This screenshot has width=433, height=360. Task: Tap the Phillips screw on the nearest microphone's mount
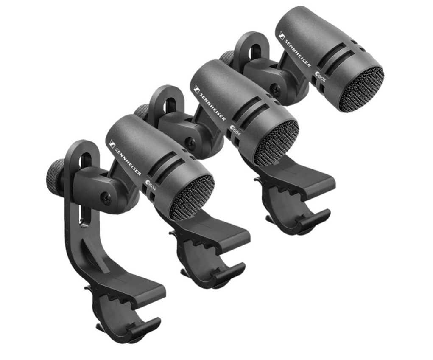pyautogui.click(x=106, y=196)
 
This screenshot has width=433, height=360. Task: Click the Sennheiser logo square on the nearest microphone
pyautogui.click(x=112, y=144)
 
